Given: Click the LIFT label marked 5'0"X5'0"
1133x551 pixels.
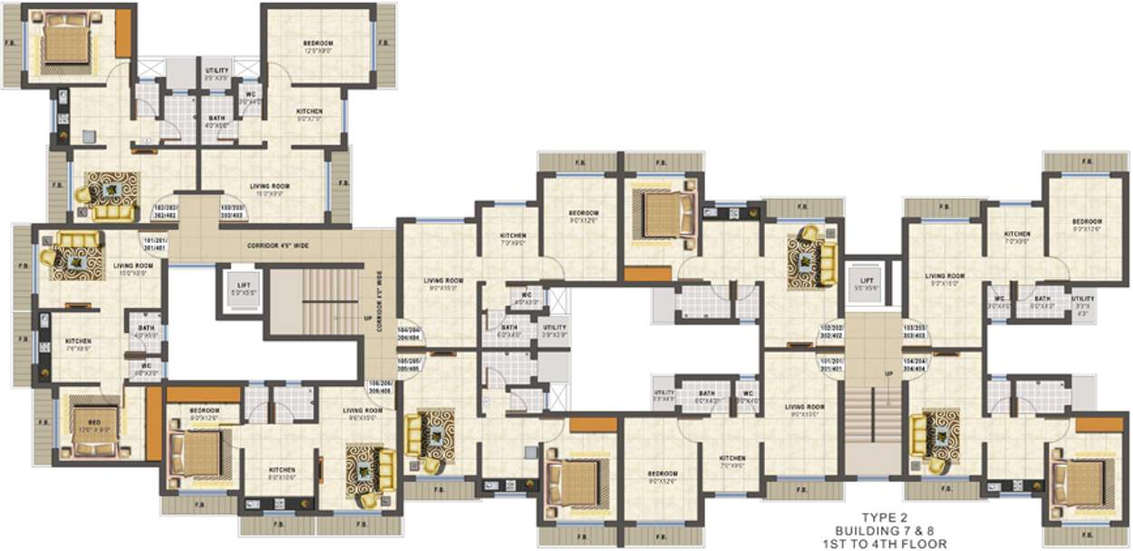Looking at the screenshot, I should [x=238, y=288].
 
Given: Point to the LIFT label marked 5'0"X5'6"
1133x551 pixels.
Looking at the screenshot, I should [x=863, y=283].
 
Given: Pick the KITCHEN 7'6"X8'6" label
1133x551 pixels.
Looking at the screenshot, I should [x=78, y=345].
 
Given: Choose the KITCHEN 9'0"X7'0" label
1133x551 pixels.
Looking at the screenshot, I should [x=309, y=115].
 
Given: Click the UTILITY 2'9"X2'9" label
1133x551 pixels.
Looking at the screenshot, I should [x=554, y=330].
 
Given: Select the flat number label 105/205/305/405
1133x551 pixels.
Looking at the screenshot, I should [x=410, y=364].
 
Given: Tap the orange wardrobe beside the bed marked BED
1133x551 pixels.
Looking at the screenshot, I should [x=153, y=423].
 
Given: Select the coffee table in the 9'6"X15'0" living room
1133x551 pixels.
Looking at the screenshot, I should [x=367, y=469].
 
